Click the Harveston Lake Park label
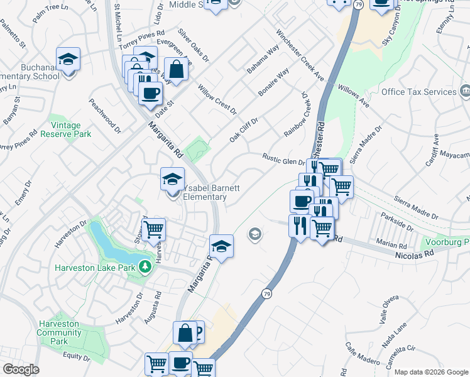tap(95, 268)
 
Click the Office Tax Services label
tap(418, 92)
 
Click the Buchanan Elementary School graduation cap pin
tap(68, 60)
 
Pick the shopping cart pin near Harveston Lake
tap(153, 231)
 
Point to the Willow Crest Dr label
tap(217, 99)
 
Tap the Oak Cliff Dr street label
tap(244, 129)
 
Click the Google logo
tap(21, 369)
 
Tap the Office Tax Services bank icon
tap(465, 92)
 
